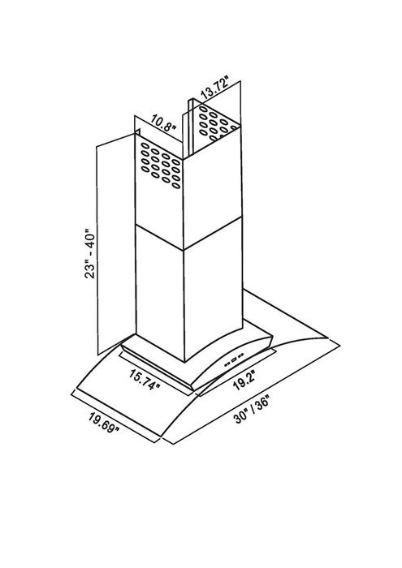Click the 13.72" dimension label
214,88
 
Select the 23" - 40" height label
89,253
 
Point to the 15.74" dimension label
145,380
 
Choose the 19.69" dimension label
104,422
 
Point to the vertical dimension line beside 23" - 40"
97,250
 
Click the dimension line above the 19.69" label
115,416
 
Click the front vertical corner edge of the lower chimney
184,305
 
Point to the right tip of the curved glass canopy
328,338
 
